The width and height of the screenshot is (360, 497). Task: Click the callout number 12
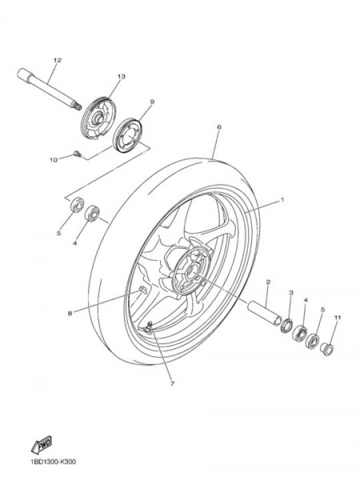click(x=57, y=60)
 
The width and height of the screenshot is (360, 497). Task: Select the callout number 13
click(x=121, y=77)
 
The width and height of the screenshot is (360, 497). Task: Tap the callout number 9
click(x=152, y=102)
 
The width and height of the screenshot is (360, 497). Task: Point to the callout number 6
click(x=219, y=127)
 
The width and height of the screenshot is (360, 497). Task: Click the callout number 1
click(x=283, y=199)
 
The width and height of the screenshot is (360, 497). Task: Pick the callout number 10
click(x=53, y=159)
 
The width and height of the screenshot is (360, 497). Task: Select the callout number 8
click(x=69, y=314)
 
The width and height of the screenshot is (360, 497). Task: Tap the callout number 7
click(x=172, y=384)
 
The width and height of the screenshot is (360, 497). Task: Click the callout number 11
click(x=337, y=318)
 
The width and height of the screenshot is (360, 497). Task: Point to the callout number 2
click(x=268, y=282)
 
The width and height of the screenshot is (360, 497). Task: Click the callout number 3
click(x=291, y=292)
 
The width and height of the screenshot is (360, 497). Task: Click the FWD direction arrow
click(x=41, y=445)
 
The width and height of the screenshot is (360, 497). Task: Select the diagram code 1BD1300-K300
click(x=53, y=462)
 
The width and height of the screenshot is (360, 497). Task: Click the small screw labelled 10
click(x=77, y=154)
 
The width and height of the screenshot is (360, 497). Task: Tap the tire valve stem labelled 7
click(x=149, y=328)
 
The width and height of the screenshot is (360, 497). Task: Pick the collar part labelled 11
click(x=327, y=349)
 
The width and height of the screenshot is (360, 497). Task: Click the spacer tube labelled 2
click(x=265, y=313)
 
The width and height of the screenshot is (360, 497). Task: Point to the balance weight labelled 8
click(x=143, y=290)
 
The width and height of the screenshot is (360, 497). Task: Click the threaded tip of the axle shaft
click(x=77, y=106)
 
